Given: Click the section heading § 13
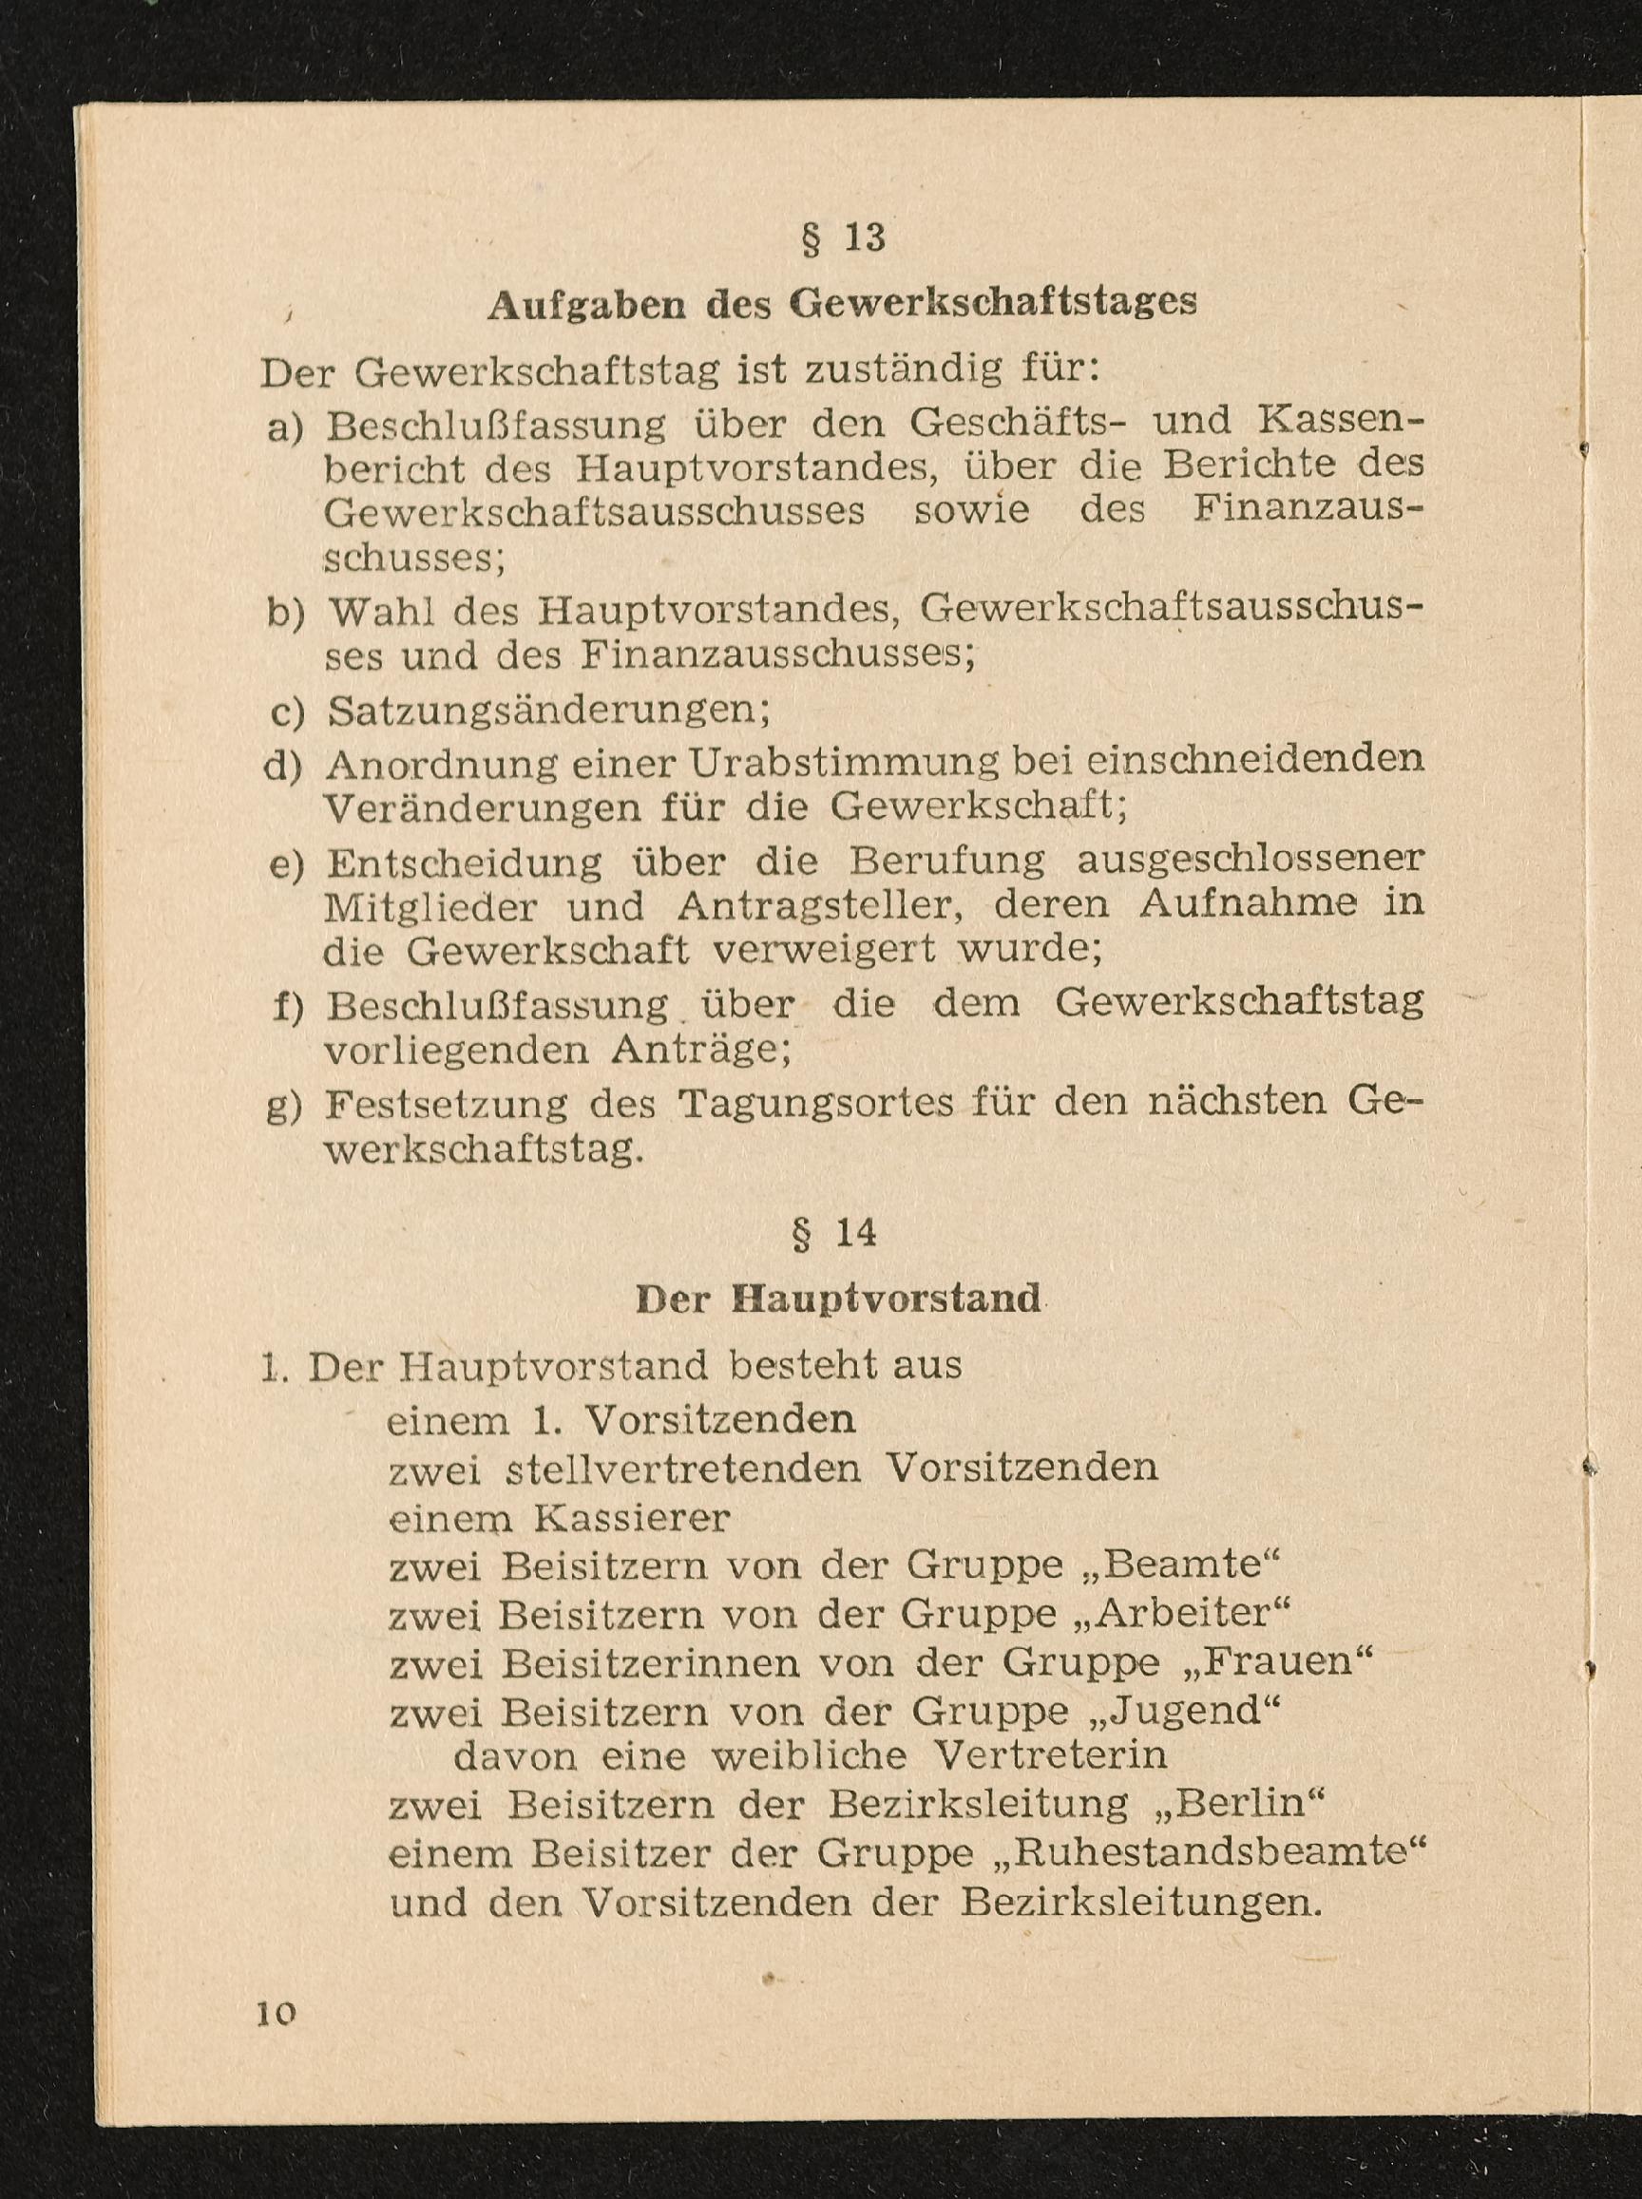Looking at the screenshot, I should click(843, 239).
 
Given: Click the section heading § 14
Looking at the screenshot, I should click(835, 1233).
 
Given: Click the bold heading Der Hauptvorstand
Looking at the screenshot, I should click(837, 1299).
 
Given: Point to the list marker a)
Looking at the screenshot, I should click(285, 427).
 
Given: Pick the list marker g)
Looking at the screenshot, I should click(284, 1105).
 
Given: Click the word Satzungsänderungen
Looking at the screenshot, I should click(548, 711).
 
